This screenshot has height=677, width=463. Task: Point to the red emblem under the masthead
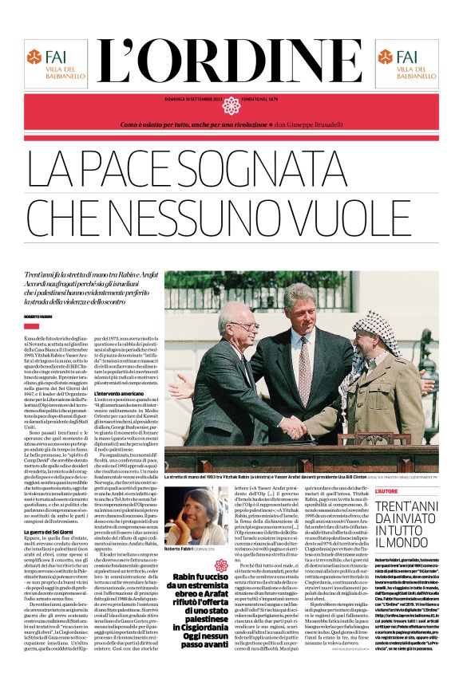pyautogui.click(x=231, y=105)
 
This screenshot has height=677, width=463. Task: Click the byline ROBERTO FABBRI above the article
pyautogui.click(x=38, y=317)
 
